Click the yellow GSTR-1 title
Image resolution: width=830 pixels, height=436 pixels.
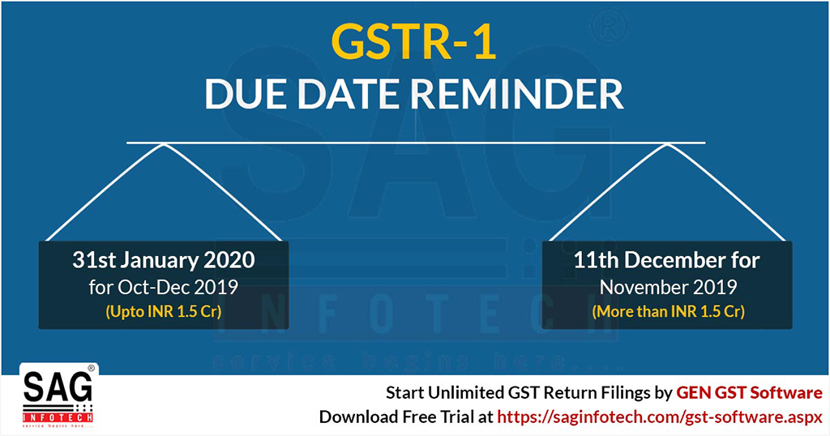[x=414, y=41]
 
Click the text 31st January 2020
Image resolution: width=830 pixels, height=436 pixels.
[x=164, y=260]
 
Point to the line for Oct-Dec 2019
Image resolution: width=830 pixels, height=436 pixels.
[x=164, y=287]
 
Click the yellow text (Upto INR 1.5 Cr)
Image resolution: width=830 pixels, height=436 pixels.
[x=164, y=311]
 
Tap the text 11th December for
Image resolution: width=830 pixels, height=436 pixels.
[x=667, y=260]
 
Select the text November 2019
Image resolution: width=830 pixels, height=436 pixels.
[x=668, y=287]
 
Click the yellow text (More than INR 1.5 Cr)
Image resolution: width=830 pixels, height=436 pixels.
[x=668, y=311]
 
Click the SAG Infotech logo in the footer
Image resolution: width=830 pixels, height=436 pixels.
[x=58, y=396]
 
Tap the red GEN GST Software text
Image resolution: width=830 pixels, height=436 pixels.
[x=750, y=392]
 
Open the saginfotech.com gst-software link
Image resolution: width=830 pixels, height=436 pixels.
[x=660, y=417]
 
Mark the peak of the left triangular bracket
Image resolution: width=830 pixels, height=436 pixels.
[x=164, y=144]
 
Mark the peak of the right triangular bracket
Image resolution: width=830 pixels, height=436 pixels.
[x=668, y=144]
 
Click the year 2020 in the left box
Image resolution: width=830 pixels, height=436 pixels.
[x=229, y=260]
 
